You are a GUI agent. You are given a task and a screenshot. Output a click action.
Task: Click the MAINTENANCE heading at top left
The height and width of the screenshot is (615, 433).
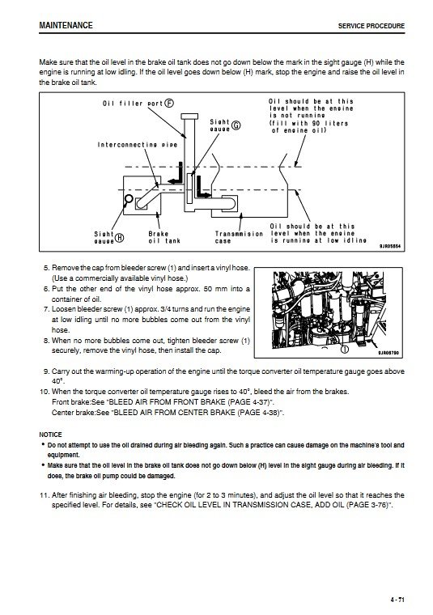tap(66, 26)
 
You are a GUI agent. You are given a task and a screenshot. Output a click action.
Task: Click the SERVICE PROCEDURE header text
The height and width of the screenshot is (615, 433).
tap(371, 26)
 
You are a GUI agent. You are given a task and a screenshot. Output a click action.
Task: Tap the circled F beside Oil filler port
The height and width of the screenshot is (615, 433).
tap(169, 103)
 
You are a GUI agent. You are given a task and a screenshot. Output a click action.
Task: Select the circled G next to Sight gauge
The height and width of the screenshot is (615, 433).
tap(236, 125)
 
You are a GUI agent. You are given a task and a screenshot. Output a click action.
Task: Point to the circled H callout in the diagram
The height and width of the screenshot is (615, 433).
tap(119, 238)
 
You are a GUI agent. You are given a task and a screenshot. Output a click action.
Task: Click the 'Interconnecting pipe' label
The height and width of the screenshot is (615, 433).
tap(138, 145)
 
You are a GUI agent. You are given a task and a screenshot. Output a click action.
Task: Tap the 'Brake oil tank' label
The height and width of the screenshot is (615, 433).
tap(164, 237)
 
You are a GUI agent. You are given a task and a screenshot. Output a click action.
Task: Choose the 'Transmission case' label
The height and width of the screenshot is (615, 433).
tap(239, 237)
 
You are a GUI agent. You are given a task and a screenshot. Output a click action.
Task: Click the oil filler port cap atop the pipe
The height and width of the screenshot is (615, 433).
tap(189, 117)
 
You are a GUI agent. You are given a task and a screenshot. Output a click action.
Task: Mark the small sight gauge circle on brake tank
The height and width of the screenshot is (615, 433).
tap(129, 198)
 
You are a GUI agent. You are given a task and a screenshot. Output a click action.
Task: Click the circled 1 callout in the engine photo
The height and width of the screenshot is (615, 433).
tap(344, 349)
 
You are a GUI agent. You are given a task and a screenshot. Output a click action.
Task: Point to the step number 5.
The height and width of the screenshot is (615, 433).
tap(47, 268)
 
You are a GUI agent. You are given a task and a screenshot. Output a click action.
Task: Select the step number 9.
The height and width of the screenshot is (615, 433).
tap(47, 371)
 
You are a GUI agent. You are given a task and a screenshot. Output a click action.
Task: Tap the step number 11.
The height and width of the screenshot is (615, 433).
tap(45, 495)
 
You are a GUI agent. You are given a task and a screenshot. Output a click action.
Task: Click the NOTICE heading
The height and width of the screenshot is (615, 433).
tap(50, 435)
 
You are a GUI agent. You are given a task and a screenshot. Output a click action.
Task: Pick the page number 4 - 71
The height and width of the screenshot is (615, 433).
tap(397, 600)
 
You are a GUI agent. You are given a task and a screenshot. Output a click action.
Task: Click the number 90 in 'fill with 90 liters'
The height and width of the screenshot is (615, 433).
tap(316, 123)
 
